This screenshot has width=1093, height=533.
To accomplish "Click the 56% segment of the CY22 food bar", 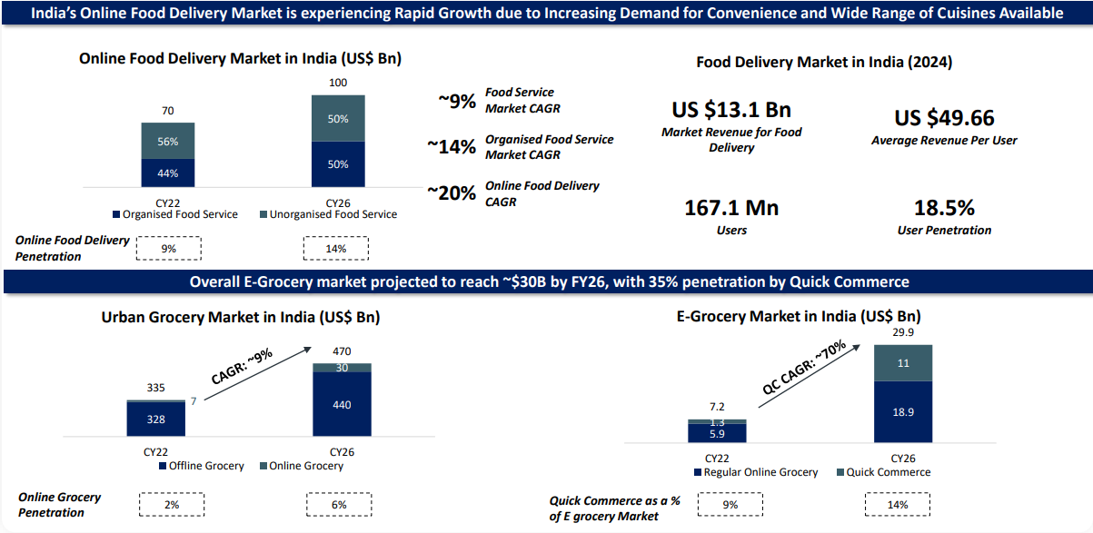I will coord(167,142).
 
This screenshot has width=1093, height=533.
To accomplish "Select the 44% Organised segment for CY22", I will coord(167,173).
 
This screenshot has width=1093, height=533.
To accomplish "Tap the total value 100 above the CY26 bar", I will coord(338,84).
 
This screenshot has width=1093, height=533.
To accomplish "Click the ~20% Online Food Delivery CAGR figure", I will coord(452,192).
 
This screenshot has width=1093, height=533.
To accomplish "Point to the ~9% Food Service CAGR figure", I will coord(456,101).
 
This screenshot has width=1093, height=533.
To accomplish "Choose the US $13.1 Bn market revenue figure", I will coord(731,110).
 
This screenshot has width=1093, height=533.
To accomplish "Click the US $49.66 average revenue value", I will coord(944,118).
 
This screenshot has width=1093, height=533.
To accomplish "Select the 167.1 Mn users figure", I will coord(731,208).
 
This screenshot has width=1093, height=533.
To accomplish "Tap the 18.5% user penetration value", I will coord(944,208).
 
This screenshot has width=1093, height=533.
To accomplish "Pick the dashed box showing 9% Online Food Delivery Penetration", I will coord(168,249).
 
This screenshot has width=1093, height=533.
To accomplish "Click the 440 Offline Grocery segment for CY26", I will coord(342,405).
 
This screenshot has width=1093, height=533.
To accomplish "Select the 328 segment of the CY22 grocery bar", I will coord(155,419).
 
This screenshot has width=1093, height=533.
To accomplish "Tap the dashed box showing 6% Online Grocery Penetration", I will coord(339,504).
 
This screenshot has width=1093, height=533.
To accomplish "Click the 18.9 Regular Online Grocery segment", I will coord(904,411).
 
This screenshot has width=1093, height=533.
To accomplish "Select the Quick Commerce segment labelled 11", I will coord(904,362).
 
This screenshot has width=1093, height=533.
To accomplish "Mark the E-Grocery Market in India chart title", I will coord(799,317).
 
